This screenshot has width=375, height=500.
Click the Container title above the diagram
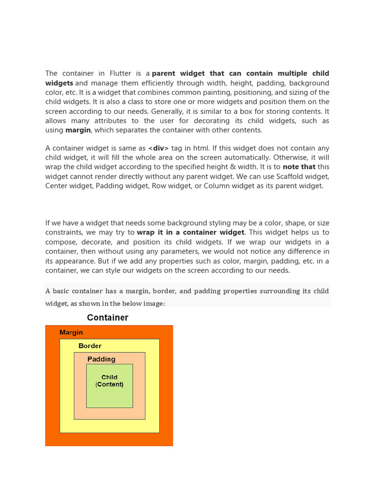coord(107,318)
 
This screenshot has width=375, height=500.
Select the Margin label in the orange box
coord(71,333)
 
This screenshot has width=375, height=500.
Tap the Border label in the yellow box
coord(90,346)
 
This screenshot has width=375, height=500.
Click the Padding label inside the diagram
coord(102,359)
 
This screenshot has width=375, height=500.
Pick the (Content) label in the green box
coord(109,385)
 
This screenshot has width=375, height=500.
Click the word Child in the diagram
coord(109,377)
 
